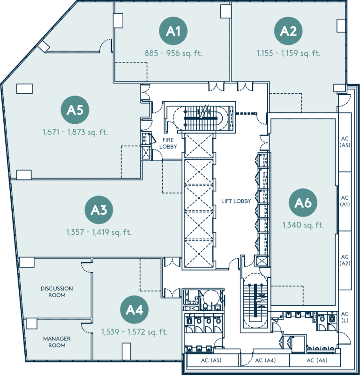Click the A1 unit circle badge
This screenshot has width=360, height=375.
tap(173, 31)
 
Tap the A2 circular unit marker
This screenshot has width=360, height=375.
tap(288, 31)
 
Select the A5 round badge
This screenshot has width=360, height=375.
tap(75, 110)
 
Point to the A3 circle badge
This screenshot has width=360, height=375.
tap(99, 210)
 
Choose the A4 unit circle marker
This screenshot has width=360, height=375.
tap(134, 309)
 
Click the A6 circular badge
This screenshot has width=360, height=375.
tap(303, 202)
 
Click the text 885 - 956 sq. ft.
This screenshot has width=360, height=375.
tap(173, 53)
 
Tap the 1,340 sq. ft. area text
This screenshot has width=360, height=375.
tap(303, 225)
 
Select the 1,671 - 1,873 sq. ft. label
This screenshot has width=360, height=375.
tap(75, 132)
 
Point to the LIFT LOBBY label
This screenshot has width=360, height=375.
tap(236, 201)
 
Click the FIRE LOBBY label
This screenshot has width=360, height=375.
tap(168, 143)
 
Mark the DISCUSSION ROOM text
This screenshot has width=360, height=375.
tap(57, 292)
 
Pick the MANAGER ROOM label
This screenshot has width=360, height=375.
tap(57, 342)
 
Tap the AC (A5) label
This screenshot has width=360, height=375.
tap(345, 142)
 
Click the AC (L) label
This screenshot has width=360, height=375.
tap(345, 317)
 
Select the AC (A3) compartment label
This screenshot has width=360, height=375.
tap(211, 360)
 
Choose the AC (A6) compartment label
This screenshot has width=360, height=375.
tap(317, 360)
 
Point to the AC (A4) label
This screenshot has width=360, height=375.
tap(265, 360)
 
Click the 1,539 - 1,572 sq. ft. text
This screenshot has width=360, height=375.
tap(135, 332)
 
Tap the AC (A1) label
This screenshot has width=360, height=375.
tap(345, 201)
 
